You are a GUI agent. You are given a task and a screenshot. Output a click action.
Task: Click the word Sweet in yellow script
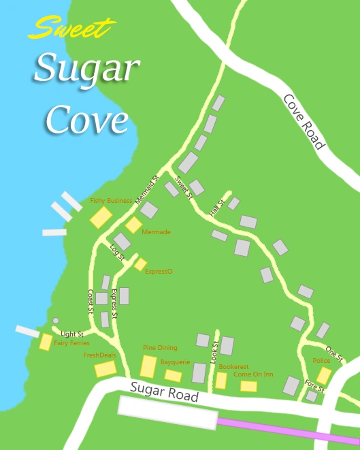point(69,29)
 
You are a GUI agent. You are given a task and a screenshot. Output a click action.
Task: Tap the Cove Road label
point(304,121)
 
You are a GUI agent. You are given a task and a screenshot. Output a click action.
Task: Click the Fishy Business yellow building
point(101,218)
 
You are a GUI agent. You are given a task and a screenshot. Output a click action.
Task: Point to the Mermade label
point(156,232)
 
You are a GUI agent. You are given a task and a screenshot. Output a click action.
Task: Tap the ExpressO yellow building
point(140,264)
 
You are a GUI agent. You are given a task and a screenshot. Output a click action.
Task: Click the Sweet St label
point(184,187)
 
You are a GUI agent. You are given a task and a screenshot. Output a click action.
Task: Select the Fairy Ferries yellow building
point(46,342)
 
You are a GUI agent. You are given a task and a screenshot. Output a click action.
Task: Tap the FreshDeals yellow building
point(105,369)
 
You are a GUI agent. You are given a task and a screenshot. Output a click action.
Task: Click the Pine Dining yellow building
point(148,366)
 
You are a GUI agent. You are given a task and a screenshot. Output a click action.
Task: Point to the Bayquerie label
point(175,362)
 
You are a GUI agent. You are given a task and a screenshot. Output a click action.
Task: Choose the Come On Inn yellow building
point(248,386)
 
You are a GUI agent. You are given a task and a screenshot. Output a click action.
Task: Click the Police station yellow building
point(324,375)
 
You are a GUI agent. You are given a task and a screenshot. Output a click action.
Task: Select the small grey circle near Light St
point(56,321)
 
